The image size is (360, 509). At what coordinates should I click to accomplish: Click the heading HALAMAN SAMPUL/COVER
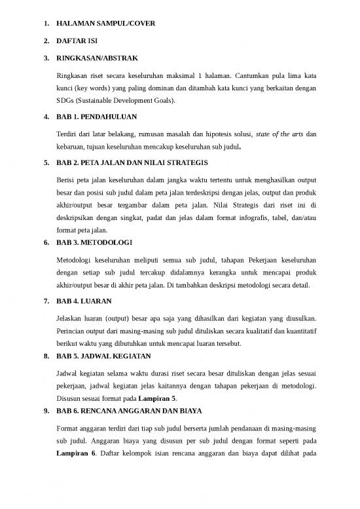click(x=106, y=25)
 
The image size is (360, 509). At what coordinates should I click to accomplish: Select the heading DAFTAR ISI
click(x=77, y=44)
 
